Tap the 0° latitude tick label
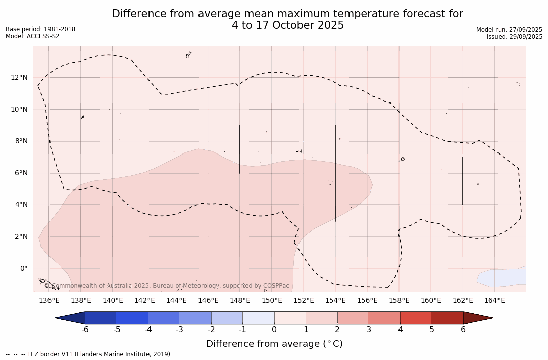pyautogui.click(x=23, y=269)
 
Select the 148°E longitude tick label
pyautogui.click(x=240, y=301)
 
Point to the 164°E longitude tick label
pyautogui.click(x=494, y=301)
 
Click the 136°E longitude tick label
pyautogui.click(x=49, y=301)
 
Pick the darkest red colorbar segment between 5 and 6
pyautogui.click(x=447, y=318)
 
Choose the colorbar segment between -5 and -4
pyautogui.click(x=132, y=318)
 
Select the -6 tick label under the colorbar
pyautogui.click(x=85, y=330)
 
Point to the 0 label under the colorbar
pyautogui.click(x=274, y=330)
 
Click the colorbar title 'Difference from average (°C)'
pyautogui.click(x=274, y=344)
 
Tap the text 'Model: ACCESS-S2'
pyautogui.click(x=32, y=36)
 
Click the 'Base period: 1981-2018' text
pyautogui.click(x=40, y=29)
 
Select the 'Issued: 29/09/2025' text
pyautogui.click(x=514, y=37)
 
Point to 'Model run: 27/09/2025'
pyautogui.click(x=509, y=30)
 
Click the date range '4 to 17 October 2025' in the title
pyautogui.click(x=288, y=25)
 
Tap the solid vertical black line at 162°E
pyautogui.click(x=462, y=181)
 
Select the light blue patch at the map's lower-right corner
pyautogui.click(x=503, y=277)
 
